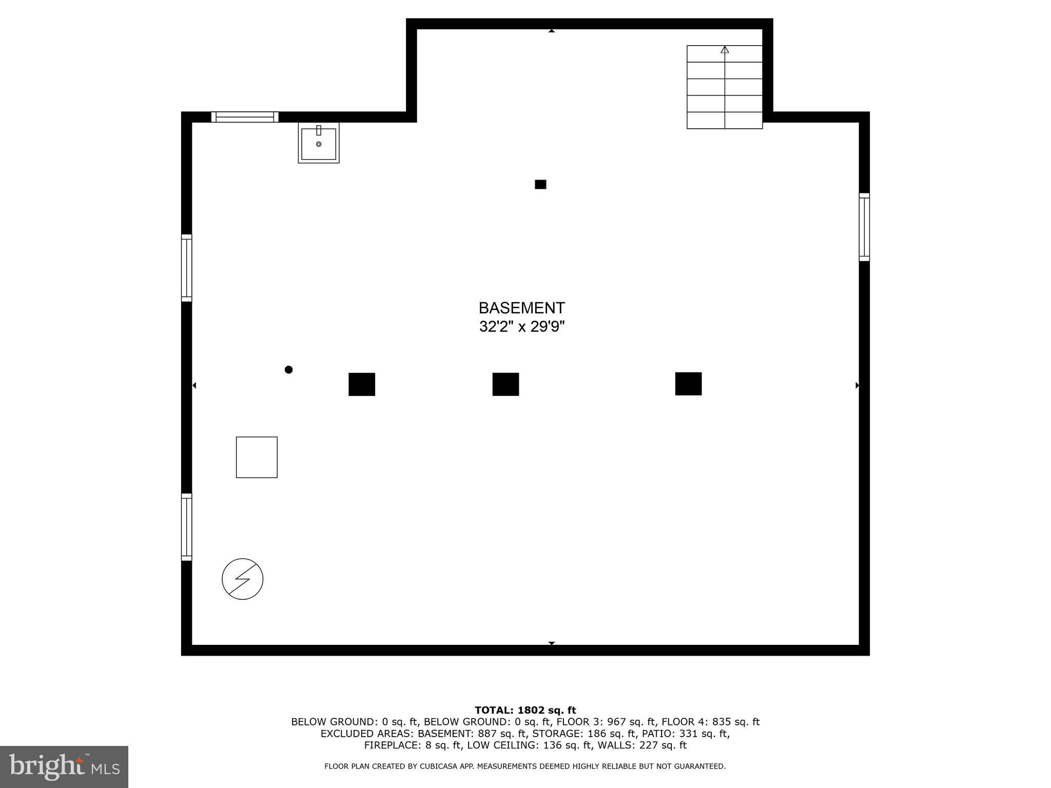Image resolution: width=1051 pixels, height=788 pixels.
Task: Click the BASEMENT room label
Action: click(521, 308)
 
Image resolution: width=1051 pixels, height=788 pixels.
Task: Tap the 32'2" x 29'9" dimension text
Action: click(522, 326)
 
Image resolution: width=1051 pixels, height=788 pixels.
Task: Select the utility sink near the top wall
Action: click(319, 143)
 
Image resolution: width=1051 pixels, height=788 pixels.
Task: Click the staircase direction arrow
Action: click(725, 50)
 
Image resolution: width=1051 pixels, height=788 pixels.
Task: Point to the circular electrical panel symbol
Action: click(243, 579)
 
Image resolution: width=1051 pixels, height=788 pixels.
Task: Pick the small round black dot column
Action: click(288, 369)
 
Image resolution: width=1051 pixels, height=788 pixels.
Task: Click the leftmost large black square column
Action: click(362, 384)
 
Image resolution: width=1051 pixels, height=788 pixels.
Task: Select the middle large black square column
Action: click(505, 384)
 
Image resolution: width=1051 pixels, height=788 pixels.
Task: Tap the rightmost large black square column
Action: click(688, 384)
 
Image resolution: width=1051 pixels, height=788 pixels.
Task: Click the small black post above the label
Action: click(540, 184)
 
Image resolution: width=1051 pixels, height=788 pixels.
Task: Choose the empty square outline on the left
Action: click(257, 457)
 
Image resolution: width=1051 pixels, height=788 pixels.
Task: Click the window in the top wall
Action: click(245, 117)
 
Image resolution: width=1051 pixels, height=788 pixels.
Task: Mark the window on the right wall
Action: click(864, 227)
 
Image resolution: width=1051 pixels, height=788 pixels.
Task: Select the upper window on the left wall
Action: click(187, 268)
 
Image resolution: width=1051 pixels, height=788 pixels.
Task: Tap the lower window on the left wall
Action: click(187, 527)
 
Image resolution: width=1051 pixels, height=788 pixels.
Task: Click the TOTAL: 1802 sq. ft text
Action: click(525, 710)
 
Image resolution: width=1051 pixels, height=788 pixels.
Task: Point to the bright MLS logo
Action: click(64, 766)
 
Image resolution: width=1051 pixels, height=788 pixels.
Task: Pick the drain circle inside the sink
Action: click(319, 144)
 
